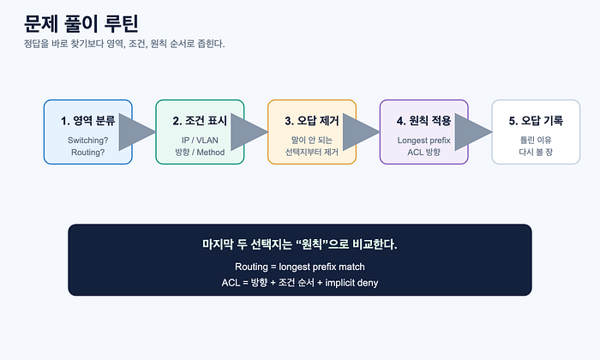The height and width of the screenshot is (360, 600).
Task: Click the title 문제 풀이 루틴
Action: point(81,24)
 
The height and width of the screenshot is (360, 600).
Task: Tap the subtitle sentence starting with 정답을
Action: point(124,44)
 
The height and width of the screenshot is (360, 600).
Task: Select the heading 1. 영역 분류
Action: point(88,121)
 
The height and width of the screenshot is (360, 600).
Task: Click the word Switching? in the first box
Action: point(88,141)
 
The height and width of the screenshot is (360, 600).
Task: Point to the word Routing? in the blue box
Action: point(88,153)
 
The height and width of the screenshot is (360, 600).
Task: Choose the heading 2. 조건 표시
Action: point(200,121)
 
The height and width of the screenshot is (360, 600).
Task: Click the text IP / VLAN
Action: point(200,141)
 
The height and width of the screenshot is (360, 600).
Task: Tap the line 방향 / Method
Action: point(200,153)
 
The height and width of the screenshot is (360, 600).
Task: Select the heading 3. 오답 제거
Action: point(312,121)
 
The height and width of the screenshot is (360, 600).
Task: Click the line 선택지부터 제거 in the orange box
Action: point(312,153)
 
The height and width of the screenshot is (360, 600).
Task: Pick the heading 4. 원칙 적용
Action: point(424,121)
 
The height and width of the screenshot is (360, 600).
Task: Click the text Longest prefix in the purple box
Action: point(424,141)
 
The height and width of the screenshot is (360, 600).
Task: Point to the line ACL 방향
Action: point(424,153)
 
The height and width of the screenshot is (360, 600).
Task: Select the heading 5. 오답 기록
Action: point(536,121)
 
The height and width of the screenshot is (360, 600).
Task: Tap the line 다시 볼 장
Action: point(536,153)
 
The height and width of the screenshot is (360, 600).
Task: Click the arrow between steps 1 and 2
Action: point(137,132)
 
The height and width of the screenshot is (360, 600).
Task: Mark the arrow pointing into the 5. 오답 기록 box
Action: point(473,132)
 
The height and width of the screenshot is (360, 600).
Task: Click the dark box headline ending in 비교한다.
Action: point(300,244)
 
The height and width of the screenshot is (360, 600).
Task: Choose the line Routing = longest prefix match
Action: point(300,267)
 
